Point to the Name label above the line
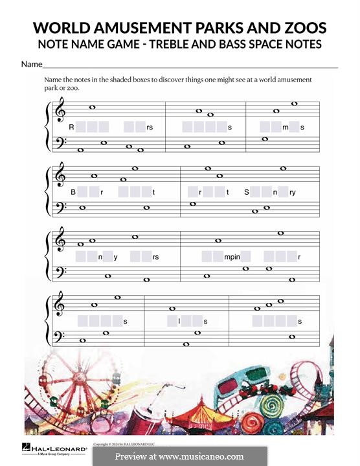tap(31, 64)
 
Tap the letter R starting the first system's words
tap(71, 128)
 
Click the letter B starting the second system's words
tap(73, 192)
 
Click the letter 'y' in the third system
tap(116, 257)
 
